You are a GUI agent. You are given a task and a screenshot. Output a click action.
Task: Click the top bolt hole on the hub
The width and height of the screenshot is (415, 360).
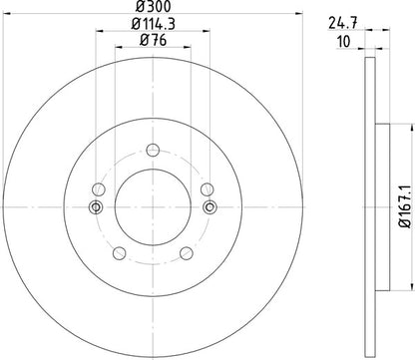point(152,150)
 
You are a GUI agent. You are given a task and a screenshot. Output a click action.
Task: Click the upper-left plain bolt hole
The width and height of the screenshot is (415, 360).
point(98,189)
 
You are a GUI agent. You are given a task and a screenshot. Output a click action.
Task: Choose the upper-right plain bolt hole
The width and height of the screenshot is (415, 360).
point(207,189)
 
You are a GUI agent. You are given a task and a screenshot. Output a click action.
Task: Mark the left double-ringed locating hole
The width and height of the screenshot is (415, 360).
point(95,207)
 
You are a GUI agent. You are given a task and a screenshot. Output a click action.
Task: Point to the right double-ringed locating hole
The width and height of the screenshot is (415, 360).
point(209,207)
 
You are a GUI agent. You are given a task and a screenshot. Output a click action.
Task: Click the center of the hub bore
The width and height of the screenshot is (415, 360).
point(152,207)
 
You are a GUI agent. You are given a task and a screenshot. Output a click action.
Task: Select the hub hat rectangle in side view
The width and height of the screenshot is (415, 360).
point(381,207)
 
